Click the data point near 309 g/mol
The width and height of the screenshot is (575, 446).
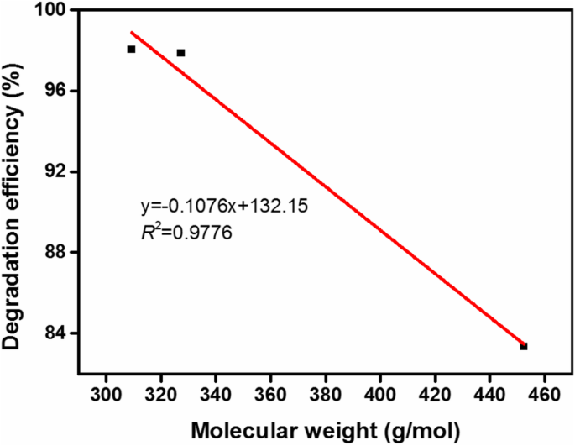click(x=131, y=50)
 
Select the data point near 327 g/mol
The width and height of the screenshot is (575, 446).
click(x=180, y=53)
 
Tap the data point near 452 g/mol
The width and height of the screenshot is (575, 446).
click(x=524, y=346)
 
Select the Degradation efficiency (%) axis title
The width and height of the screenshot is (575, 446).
click(x=15, y=189)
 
